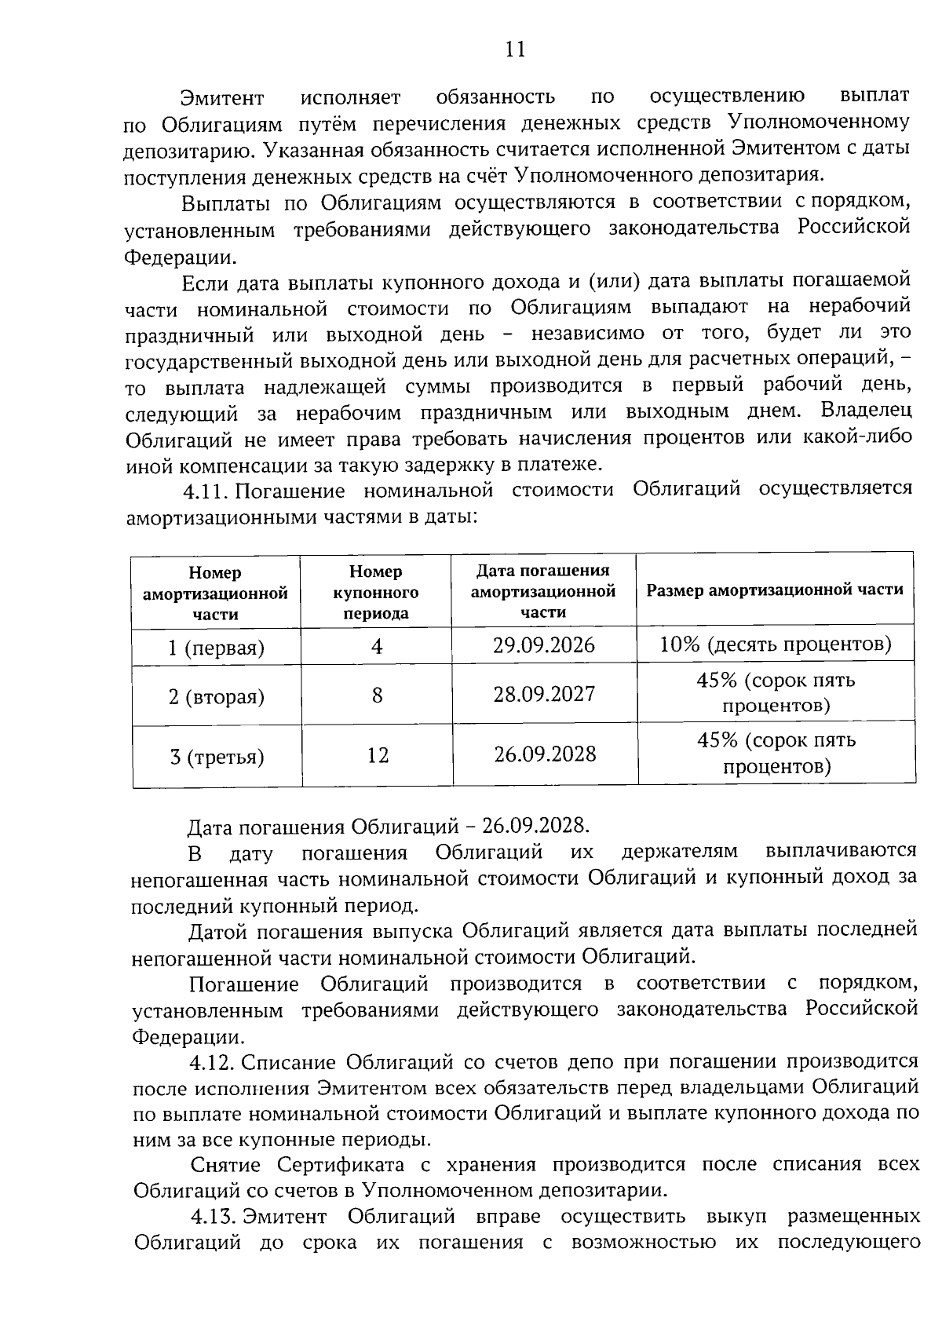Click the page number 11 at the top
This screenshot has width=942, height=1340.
click(514, 49)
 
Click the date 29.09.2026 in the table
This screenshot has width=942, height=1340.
click(544, 645)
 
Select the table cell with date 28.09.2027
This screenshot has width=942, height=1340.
click(544, 694)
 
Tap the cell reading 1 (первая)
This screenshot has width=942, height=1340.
click(216, 648)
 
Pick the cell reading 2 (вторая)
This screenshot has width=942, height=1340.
click(216, 696)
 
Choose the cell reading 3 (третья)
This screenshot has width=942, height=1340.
click(217, 757)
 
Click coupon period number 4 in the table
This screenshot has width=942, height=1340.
click(377, 646)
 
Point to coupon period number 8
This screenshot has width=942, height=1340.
click(377, 695)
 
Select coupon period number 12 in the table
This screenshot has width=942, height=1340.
click(377, 755)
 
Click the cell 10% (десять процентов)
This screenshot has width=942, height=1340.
click(776, 644)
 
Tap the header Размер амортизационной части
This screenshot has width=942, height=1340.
click(775, 590)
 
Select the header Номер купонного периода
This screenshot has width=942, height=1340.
click(376, 592)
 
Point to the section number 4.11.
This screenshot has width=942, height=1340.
click(206, 491)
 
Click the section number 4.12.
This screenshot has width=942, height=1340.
click(213, 1063)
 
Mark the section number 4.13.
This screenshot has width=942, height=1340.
click(214, 1217)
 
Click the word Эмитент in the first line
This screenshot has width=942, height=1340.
click(222, 98)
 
